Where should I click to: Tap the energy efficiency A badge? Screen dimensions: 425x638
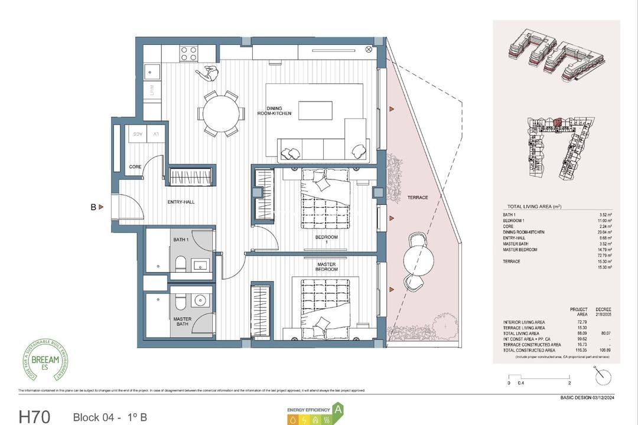338,408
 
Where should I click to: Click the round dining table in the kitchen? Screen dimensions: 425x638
222,113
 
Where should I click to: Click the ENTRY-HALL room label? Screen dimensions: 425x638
181,202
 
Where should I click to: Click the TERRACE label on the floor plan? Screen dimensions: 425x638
417,198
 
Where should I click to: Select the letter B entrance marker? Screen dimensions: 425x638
93,207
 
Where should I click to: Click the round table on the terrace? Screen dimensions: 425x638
420,257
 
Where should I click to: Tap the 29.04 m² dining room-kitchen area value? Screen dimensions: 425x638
604,232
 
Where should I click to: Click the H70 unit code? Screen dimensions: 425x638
37,416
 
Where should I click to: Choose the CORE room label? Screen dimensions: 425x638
135,167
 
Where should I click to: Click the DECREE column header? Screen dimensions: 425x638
604,309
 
